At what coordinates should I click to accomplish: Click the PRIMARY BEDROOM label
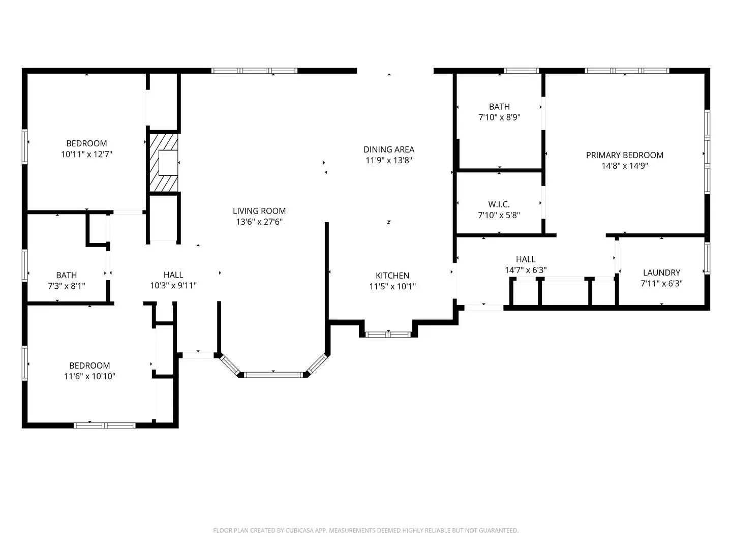pos(624,155)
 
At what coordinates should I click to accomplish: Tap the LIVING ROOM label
pos(259,211)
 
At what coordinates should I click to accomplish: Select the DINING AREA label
pos(389,149)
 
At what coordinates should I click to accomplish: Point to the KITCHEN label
pos(392,276)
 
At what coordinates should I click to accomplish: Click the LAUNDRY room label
pos(661,272)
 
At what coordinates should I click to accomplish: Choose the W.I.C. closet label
pos(499,204)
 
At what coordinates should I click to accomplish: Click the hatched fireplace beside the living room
pos(163,163)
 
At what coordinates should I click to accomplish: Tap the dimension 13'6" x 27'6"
pos(259,222)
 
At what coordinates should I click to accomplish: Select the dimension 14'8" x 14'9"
pos(624,166)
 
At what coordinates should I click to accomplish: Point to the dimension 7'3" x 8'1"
pos(67,286)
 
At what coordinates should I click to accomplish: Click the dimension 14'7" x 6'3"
pos(526,270)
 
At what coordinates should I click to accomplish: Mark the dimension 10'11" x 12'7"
pos(86,155)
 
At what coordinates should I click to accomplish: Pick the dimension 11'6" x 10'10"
pos(89,376)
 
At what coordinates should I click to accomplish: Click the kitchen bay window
pos(388,334)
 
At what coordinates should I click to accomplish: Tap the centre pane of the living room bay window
pos(273,375)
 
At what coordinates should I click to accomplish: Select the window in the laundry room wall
pos(707,258)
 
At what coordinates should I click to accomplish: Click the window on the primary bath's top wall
pos(521,71)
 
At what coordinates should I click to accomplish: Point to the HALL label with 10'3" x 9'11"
pos(173,275)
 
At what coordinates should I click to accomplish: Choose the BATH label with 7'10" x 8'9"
pos(499,107)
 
